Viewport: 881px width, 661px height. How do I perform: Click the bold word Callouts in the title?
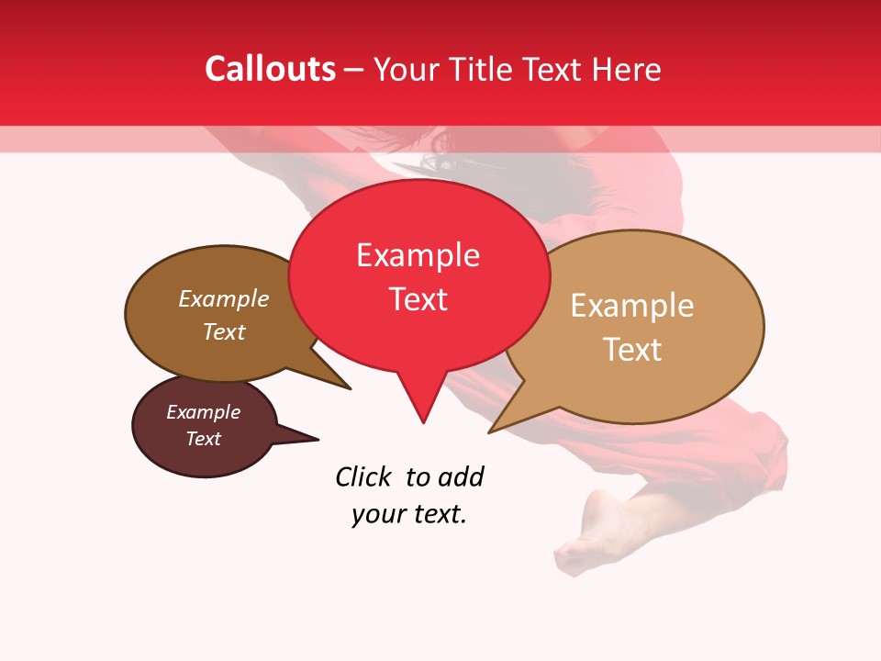(270, 70)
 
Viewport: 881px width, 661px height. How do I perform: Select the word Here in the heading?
(626, 70)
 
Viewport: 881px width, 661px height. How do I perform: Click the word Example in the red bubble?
(418, 255)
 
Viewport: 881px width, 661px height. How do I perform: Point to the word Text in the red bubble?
(418, 299)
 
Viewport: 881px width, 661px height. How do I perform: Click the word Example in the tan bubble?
(632, 306)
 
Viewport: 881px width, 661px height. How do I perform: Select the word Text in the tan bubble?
(632, 350)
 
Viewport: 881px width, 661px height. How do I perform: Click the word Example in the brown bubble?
(224, 299)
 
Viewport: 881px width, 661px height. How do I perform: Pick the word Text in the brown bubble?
(224, 332)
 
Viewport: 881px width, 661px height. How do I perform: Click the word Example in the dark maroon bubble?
(204, 412)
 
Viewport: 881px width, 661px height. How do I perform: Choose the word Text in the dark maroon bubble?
(204, 439)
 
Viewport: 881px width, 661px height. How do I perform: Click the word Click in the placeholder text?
(362, 477)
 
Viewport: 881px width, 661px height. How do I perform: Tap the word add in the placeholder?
(461, 477)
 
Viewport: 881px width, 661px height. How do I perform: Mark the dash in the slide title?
(355, 70)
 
